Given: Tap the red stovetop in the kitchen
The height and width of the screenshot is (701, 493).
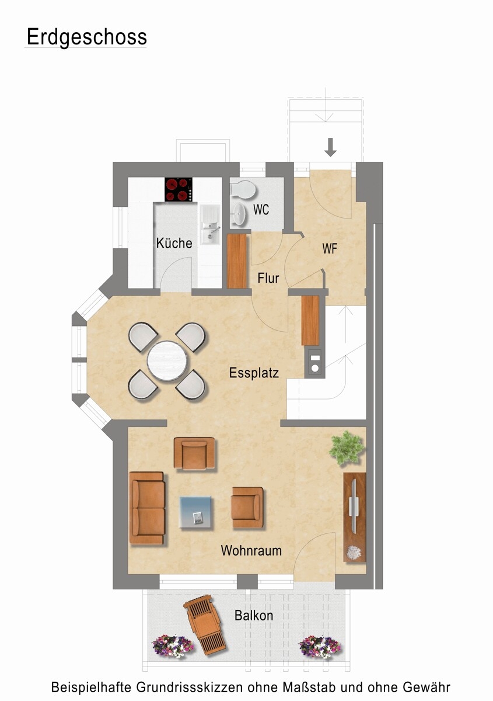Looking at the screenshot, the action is pos(179,189).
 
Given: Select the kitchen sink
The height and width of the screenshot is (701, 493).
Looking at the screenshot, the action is pos(210,225).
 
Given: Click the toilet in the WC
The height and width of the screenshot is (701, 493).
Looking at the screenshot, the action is pos(243,190).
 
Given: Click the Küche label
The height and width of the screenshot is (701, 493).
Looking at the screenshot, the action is pos(174,243).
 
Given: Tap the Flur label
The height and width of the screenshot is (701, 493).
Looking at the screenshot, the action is pos(268,278).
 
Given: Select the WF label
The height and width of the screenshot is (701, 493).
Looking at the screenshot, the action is pos(330,249).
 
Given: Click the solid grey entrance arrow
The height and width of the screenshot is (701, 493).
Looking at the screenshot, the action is pos(330,147).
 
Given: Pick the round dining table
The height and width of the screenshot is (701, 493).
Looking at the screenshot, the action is pos(168,361).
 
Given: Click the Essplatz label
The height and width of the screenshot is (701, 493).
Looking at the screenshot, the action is pos(254,373).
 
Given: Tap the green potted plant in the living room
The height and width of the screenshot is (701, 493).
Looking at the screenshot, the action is pos(347,448).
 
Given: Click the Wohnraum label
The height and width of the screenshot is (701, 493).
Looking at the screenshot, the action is pos(251,550).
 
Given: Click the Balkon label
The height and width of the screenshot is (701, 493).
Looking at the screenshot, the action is pos(254,616).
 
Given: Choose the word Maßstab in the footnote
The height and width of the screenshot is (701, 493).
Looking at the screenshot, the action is pos(309,687).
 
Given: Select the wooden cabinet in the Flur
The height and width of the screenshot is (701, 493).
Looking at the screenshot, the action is pos(237,261).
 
